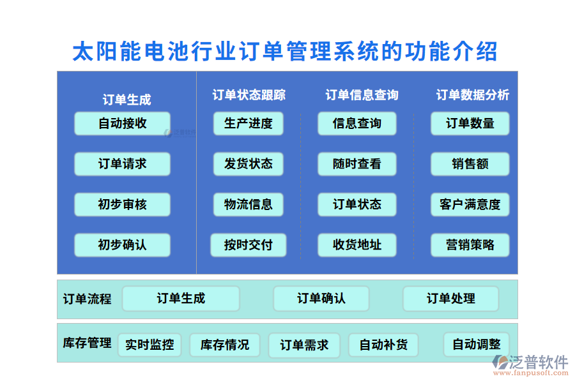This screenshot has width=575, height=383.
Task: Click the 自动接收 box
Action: [122, 123]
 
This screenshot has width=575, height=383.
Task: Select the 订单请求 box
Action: [122, 164]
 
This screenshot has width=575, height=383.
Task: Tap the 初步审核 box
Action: [122, 205]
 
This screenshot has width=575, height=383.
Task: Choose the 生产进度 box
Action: [249, 123]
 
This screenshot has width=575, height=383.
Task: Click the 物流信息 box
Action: [249, 205]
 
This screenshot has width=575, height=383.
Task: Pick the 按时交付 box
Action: [249, 245]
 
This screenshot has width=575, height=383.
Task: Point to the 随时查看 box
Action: [357, 164]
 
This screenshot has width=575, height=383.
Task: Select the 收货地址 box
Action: [357, 245]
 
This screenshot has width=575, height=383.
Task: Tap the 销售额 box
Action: [470, 164]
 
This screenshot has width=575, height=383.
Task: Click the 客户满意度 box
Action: [470, 205]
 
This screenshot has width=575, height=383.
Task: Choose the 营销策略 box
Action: [470, 245]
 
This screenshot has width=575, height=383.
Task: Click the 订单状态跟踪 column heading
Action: [249, 95]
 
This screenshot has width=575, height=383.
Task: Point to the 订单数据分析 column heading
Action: [473, 95]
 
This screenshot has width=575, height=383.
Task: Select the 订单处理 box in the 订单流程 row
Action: [451, 299]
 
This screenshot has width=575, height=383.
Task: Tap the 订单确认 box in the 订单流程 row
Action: [321, 299]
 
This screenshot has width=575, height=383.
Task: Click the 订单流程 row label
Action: [87, 299]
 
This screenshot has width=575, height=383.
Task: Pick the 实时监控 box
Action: [149, 345]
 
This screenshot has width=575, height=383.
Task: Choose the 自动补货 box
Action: [383, 345]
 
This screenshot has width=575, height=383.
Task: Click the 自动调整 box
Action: [477, 345]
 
